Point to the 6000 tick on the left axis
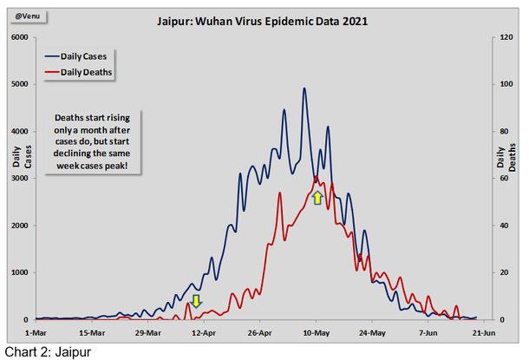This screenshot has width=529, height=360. click(x=18, y=38)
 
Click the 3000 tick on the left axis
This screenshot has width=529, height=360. click(x=18, y=179)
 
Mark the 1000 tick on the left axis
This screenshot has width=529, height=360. click(x=18, y=272)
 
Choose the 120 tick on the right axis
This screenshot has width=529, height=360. click(x=502, y=38)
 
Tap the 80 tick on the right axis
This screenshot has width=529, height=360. click(x=500, y=132)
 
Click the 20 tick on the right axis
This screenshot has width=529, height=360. click(x=500, y=272)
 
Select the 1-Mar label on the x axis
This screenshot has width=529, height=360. click(x=37, y=331)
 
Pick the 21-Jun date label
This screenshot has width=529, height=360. click(x=483, y=331)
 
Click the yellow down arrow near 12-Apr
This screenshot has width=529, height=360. click(x=197, y=301)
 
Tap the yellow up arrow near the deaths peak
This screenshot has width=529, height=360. click(x=317, y=198)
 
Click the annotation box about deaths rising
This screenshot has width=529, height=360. click(x=95, y=141)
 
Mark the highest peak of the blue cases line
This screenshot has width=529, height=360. click(x=304, y=88)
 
